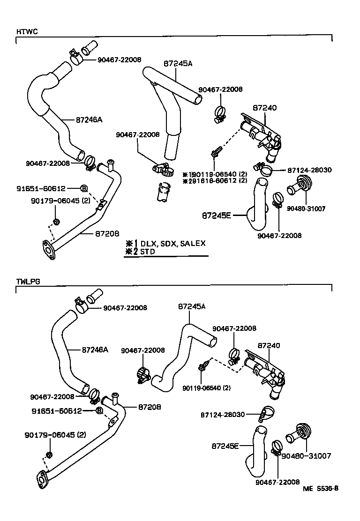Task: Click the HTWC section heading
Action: (x=27, y=31)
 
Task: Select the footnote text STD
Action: (x=148, y=252)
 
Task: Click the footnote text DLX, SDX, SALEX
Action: (x=173, y=244)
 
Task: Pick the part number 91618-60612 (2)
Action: (x=217, y=180)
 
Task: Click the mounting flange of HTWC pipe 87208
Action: (x=48, y=249)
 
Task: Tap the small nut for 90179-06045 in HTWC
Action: (x=55, y=221)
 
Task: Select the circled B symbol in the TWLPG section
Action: (x=99, y=411)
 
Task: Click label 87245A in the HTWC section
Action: (x=178, y=63)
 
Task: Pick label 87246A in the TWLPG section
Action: (x=95, y=349)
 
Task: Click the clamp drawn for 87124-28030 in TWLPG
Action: (x=267, y=413)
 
